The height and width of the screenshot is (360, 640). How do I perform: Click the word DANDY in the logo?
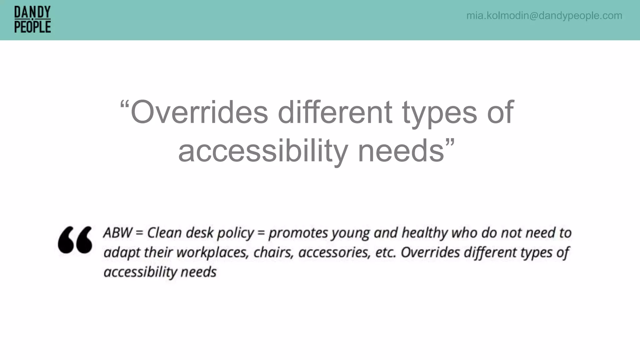click(x=32, y=12)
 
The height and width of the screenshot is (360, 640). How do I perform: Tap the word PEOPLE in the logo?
click(x=32, y=27)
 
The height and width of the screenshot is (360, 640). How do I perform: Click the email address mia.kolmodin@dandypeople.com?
click(x=544, y=16)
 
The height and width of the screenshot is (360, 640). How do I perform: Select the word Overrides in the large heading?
click(x=199, y=112)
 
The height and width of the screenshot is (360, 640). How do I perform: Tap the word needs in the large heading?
click(x=401, y=151)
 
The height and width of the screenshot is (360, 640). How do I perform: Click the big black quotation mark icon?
click(x=75, y=240)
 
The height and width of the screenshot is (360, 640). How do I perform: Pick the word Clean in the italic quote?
click(x=164, y=233)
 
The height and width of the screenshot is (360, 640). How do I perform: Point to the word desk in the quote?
click(x=200, y=233)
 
